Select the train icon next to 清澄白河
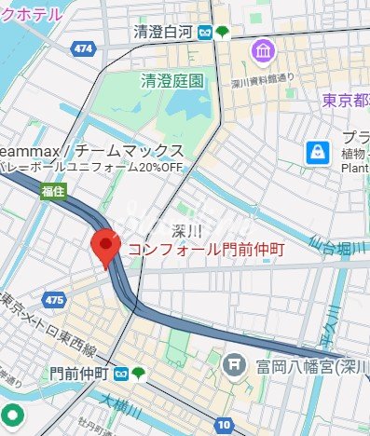(203, 33)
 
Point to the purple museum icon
(262, 51)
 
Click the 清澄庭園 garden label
(171, 81)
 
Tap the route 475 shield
(54, 300)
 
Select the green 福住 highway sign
(53, 191)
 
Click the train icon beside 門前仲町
(121, 375)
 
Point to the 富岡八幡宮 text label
(308, 365)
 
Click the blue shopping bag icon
(319, 151)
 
